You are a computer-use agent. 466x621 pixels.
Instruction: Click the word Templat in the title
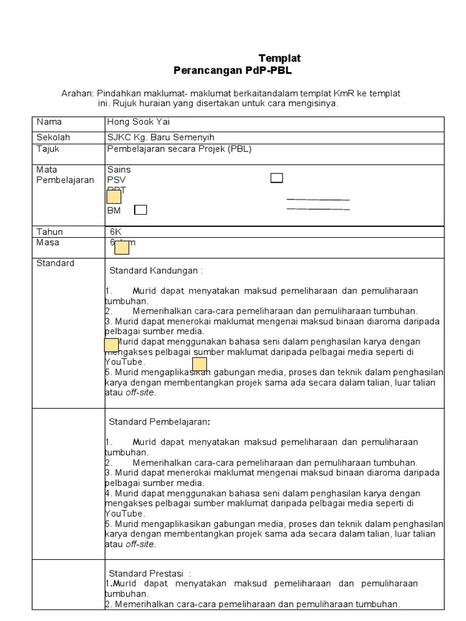click(x=279, y=58)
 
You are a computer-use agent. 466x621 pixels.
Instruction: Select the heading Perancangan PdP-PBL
click(x=232, y=70)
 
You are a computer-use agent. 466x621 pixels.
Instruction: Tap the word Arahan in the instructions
click(x=77, y=93)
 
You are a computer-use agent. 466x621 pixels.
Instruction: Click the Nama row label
click(x=49, y=122)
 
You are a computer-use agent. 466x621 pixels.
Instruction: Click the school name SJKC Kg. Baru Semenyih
click(x=160, y=138)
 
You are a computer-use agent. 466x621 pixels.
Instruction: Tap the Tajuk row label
click(x=48, y=149)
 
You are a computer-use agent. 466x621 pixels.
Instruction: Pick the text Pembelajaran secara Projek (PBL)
click(x=179, y=149)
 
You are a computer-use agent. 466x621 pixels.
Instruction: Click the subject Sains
click(x=119, y=170)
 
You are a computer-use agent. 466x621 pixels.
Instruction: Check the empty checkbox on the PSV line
click(x=277, y=178)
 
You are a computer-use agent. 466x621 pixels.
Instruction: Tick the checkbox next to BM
click(x=140, y=210)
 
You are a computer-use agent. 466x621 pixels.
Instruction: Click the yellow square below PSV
click(x=114, y=196)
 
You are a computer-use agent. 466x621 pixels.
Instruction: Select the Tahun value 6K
click(x=116, y=232)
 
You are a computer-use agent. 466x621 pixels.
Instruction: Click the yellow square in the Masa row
click(x=122, y=247)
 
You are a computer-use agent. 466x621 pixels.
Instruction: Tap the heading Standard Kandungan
click(x=155, y=270)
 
